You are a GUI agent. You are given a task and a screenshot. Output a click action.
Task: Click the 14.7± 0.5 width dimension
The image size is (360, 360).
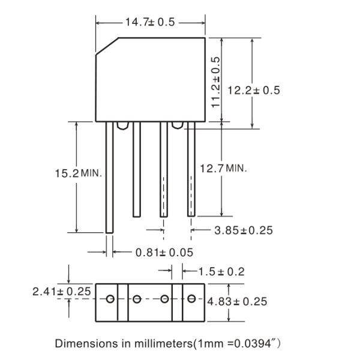[x=150, y=22]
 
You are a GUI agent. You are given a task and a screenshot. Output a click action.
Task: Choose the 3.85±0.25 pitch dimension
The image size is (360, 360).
[x=240, y=230]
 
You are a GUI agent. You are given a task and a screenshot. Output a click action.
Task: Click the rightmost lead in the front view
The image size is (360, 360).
[x=191, y=171]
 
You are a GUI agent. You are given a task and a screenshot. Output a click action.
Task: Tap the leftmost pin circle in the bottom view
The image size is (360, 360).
[x=110, y=299]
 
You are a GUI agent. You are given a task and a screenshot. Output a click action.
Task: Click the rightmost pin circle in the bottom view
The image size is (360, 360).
[x=191, y=299]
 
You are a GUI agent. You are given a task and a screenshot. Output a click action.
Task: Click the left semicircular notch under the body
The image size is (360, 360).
[x=122, y=125]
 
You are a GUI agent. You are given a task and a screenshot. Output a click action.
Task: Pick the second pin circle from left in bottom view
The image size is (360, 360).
[x=137, y=299]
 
